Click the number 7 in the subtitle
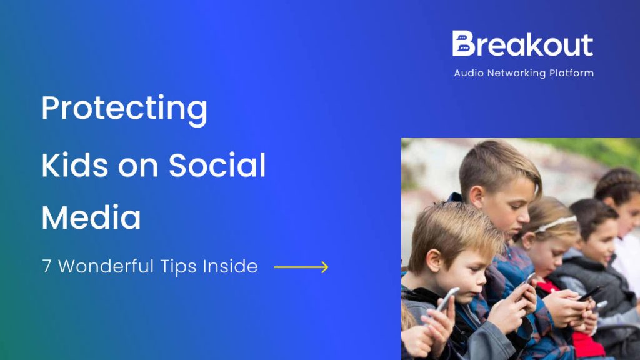point(47,267)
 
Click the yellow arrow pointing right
point(301,267)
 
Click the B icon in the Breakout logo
point(462,44)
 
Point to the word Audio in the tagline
point(469,73)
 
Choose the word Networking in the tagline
point(519,73)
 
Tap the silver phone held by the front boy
point(447,299)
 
